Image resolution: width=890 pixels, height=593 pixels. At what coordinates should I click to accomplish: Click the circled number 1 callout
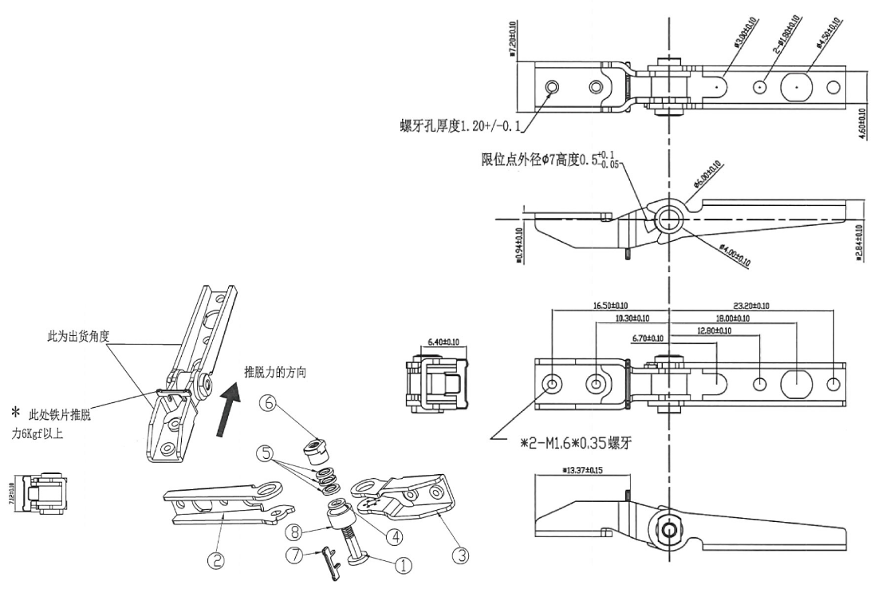pos(404,565)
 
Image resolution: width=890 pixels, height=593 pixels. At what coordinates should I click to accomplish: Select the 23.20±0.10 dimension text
pos(759,306)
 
